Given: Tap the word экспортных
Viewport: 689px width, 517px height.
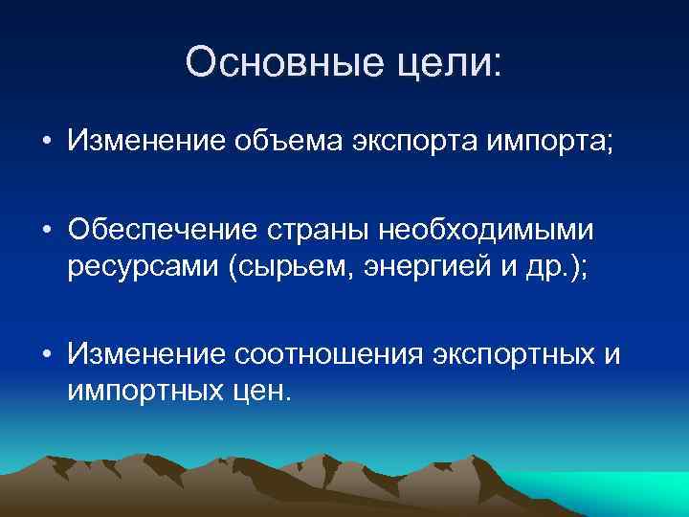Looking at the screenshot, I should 512,355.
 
